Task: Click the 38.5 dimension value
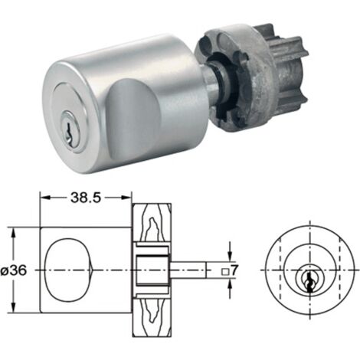pos(86,198)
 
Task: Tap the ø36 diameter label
pos(14,270)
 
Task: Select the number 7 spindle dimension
pos(234,270)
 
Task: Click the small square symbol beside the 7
pos(225,272)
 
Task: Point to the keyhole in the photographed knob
pos(68,129)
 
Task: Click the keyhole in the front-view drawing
pos(309,283)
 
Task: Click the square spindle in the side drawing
pos(188,270)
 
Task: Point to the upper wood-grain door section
pos(152,223)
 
